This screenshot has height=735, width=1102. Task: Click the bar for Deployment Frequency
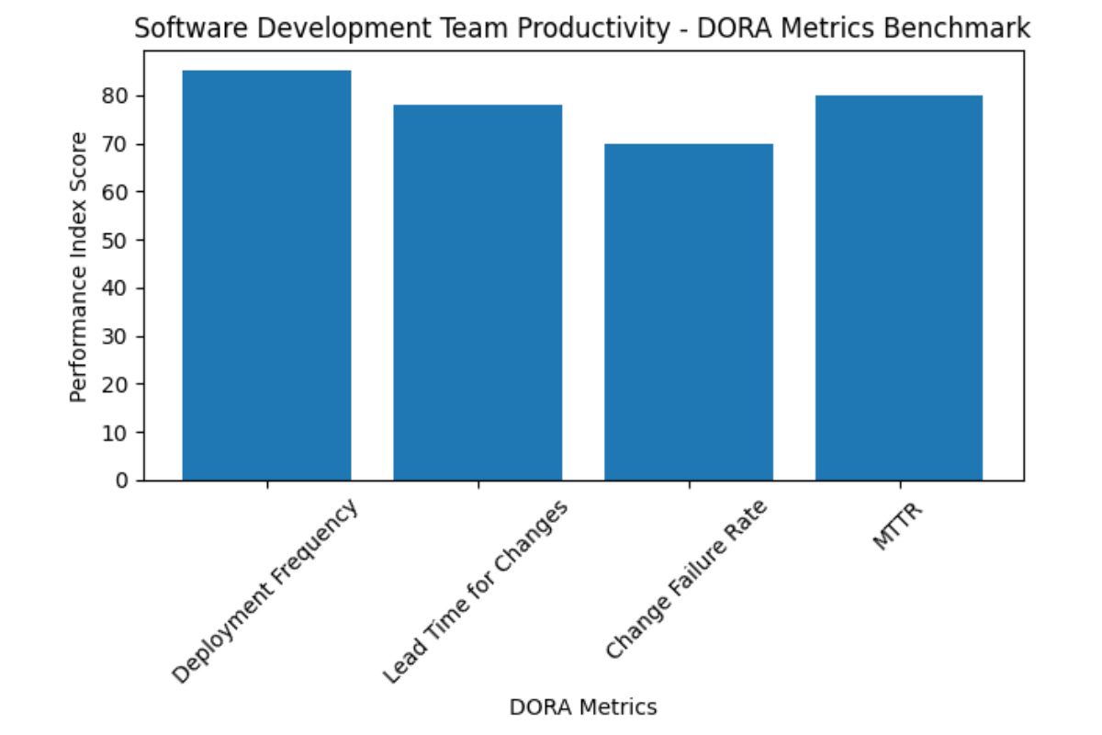[x=266, y=276]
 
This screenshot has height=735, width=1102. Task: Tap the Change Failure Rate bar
[x=688, y=312]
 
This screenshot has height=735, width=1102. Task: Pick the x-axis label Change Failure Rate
[x=686, y=581]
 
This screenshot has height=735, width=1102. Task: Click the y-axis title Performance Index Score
[x=80, y=266]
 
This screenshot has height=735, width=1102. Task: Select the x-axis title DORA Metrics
[x=583, y=707]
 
